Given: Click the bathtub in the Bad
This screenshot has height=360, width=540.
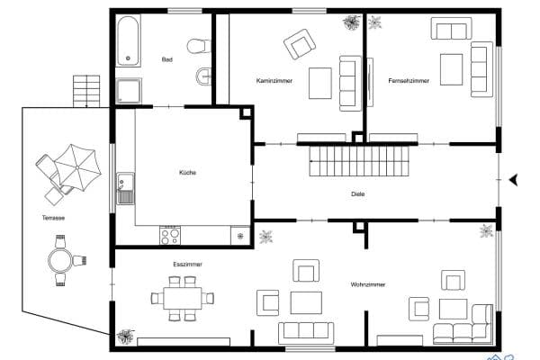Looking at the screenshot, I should click(x=128, y=40).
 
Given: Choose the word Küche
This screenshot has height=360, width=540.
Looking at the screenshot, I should click(x=187, y=173).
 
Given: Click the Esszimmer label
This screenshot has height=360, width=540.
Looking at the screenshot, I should click(x=187, y=265).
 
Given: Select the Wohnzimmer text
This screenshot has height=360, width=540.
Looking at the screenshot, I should click(x=368, y=284).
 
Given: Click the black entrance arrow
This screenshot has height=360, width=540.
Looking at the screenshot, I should click(x=514, y=180).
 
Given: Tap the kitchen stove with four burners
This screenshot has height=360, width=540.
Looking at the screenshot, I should click(x=170, y=235).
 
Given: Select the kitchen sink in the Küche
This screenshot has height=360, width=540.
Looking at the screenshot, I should click(x=124, y=188).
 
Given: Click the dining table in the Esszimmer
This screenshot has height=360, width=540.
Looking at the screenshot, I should click(x=184, y=297).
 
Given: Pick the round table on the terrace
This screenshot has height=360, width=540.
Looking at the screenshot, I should click(x=62, y=261).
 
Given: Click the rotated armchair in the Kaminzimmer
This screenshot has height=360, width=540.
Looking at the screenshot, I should click(x=300, y=42).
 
